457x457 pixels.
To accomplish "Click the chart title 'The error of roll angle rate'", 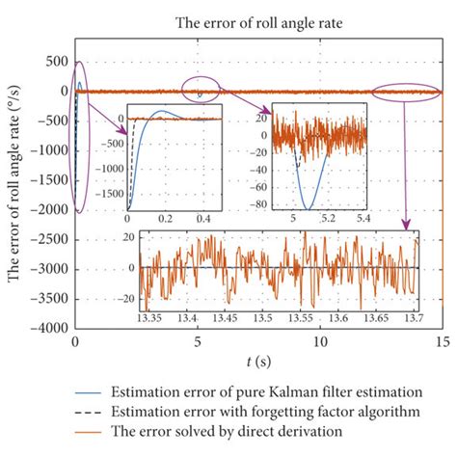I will click(x=257, y=22).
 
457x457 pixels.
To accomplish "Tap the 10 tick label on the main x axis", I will click(x=319, y=343).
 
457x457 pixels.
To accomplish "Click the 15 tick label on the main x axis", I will click(x=442, y=343).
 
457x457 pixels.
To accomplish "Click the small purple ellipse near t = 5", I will click(x=200, y=89).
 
